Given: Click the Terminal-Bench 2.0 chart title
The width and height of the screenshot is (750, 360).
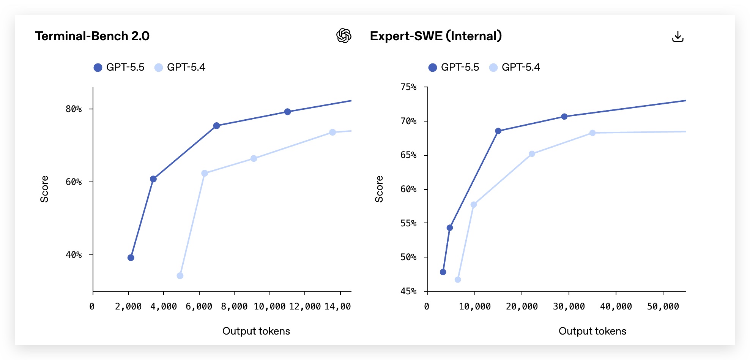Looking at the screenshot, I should pos(92,36).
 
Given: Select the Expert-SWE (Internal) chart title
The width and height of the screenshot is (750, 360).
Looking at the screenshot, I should pos(436,36).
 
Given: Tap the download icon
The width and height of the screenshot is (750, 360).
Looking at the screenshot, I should pos(678,36).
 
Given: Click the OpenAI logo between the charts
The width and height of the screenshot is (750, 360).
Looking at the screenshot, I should pos(344,36).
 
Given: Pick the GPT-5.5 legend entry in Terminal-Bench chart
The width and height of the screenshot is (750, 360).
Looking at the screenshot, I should pos(119,67).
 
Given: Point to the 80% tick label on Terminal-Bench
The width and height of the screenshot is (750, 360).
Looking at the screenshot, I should pos(74,109).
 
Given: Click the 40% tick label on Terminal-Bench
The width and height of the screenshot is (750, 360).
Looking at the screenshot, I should pos(74,255).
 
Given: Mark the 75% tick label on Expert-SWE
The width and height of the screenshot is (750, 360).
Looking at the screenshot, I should pos(408,87).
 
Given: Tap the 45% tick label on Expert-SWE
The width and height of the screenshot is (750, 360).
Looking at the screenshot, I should pos(408,291).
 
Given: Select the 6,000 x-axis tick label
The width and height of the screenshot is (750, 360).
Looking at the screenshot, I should pos(199,306).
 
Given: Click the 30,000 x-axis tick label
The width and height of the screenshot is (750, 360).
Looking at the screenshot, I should pos(569,306).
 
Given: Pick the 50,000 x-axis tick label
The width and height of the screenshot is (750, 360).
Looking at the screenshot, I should pos(663,306).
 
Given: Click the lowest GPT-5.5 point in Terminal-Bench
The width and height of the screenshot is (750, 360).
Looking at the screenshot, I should pos(131,258).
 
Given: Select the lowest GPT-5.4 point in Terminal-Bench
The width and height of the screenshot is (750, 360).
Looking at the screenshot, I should pos(180,276).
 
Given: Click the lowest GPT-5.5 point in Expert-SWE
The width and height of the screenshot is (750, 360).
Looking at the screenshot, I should pos(443,272).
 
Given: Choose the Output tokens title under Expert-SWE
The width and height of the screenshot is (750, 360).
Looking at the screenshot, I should pos(592,331).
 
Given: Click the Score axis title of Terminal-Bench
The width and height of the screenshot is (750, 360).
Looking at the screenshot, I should pos(44,189).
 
